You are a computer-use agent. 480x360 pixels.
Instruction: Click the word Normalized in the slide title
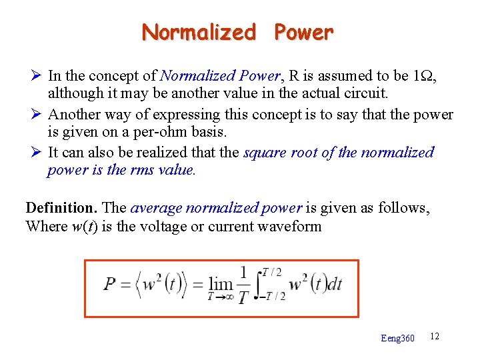pyautogui.click(x=199, y=32)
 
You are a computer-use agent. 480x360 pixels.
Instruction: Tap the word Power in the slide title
pyautogui.click(x=303, y=32)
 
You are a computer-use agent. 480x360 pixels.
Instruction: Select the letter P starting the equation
pyautogui.click(x=111, y=285)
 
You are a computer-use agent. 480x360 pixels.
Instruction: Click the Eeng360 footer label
pyautogui.click(x=397, y=339)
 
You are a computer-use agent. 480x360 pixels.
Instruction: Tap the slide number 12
pyautogui.click(x=435, y=336)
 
